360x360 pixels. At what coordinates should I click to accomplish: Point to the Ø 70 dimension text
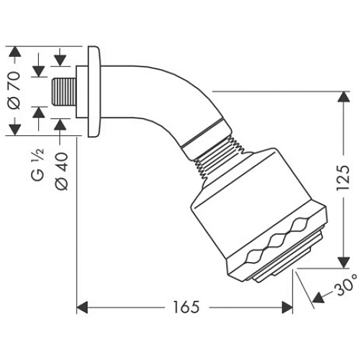click(x=37, y=91)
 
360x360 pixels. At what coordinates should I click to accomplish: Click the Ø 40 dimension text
click(x=61, y=170)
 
